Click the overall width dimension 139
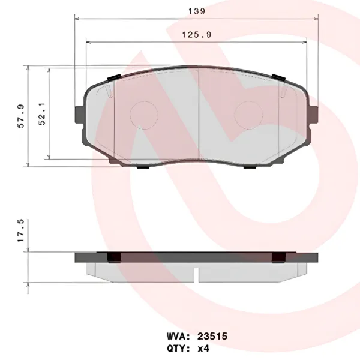pyautogui.click(x=197, y=11)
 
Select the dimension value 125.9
pyautogui.click(x=197, y=35)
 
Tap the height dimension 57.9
pyautogui.click(x=21, y=116)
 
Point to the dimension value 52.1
pyautogui.click(x=42, y=116)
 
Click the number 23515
pyautogui.click(x=205, y=337)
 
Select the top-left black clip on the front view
pyautogui.click(x=112, y=78)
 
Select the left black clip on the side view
pyautogui.click(x=112, y=258)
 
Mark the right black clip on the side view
pyautogui.click(x=277, y=258)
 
